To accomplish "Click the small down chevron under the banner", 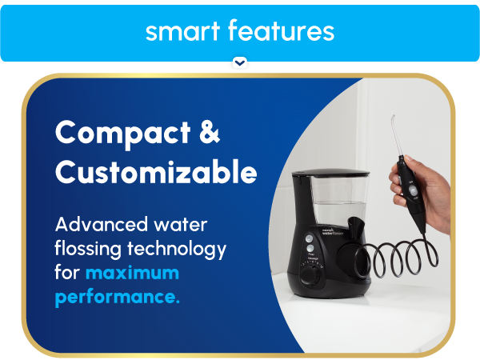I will [x=240, y=62].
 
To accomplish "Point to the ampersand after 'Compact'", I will [x=208, y=133].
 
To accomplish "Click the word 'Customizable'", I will [x=156, y=172].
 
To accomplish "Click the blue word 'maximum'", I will [x=133, y=274].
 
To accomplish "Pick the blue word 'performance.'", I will [x=117, y=298].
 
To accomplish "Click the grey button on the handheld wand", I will [x=412, y=193].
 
